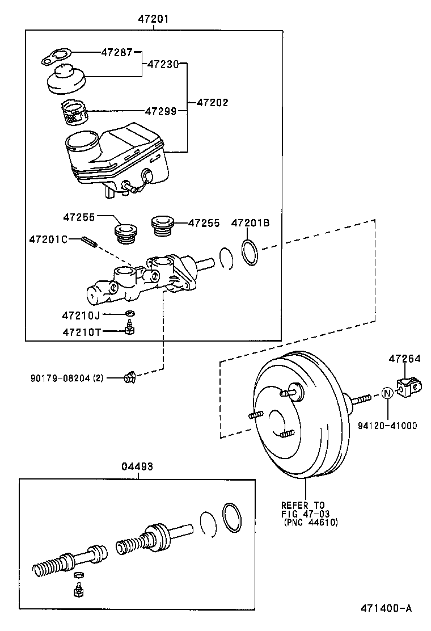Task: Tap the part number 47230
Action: point(163,64)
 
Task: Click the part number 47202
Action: point(212,103)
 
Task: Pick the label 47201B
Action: point(250,223)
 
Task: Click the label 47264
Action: point(405,359)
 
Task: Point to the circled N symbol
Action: point(387,393)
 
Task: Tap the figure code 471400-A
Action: point(386,608)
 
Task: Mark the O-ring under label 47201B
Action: point(250,252)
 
